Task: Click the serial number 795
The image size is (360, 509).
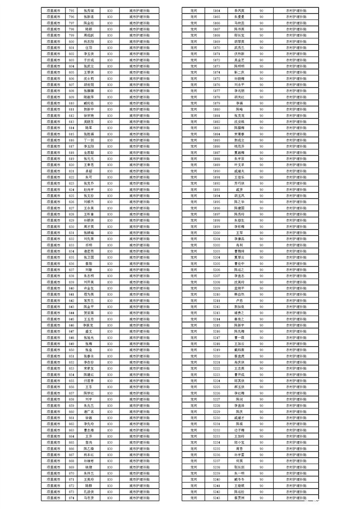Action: [71, 10]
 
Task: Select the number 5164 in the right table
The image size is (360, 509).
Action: [217, 10]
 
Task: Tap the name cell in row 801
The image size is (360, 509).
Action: [89, 47]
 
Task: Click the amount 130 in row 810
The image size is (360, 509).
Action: [110, 103]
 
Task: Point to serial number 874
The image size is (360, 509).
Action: [71, 498]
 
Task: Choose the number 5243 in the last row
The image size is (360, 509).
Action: [217, 498]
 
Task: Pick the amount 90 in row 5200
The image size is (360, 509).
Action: [261, 232]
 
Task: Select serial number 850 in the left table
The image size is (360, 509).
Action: [71, 350]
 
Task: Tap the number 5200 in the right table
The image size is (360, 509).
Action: [217, 232]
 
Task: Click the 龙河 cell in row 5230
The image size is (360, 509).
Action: [194, 417]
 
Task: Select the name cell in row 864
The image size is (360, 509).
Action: [89, 436]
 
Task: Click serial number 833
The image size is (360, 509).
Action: [71, 245]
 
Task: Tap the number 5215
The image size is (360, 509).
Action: [217, 325]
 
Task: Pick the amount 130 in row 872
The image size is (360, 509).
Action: [110, 485]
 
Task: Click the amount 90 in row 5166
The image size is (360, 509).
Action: [261, 22]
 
